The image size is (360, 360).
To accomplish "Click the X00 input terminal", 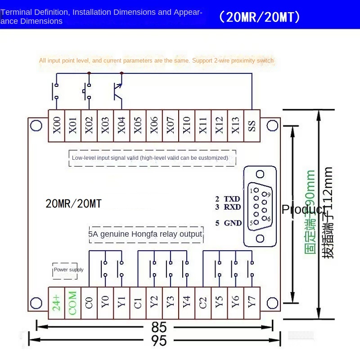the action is (x=57, y=126).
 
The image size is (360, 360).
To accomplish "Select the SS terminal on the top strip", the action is (x=252, y=126).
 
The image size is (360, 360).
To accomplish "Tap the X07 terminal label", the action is (x=171, y=126).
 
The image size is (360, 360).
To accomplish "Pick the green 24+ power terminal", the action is (x=57, y=303).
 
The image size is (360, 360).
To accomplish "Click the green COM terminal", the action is (x=73, y=303).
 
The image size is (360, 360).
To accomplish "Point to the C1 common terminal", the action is (x=138, y=303).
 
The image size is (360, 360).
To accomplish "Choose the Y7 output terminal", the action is (x=252, y=303).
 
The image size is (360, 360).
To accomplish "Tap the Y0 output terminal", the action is (x=105, y=303).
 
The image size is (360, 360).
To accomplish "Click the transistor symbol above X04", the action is (x=118, y=92).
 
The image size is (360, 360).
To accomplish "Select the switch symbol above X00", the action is (x=55, y=91).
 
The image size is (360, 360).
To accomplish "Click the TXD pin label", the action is (x=232, y=199).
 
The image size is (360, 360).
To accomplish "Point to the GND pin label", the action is (x=233, y=223).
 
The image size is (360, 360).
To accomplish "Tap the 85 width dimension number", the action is (x=159, y=327).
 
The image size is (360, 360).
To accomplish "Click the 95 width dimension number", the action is (x=159, y=341).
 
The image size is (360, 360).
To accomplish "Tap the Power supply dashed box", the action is (x=65, y=271).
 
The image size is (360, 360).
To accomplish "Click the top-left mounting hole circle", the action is (x=36, y=126).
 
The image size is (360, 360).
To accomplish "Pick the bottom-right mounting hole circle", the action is (x=272, y=303).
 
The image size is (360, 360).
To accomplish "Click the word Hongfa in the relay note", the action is (x=144, y=234).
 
